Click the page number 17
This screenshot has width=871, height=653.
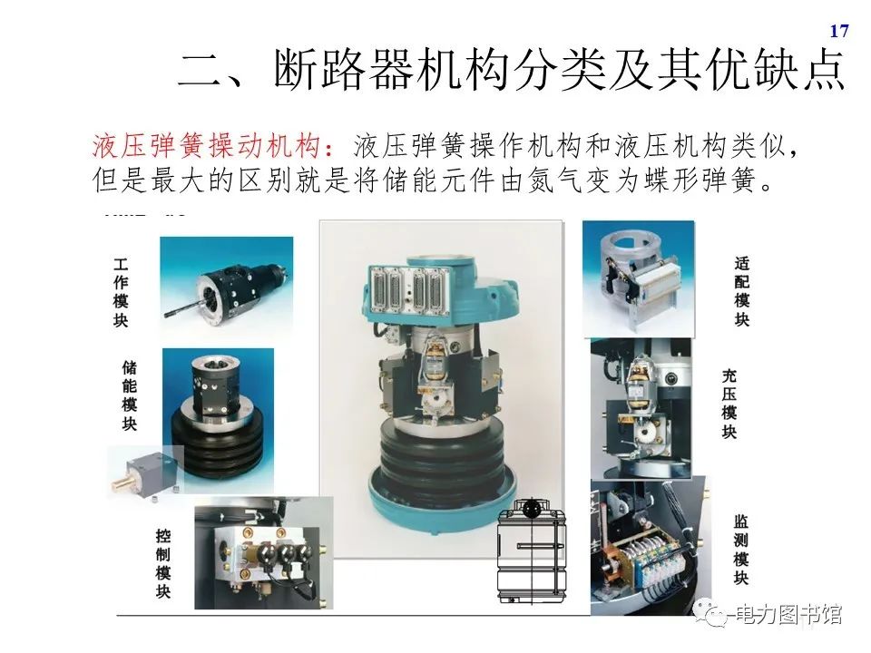839,32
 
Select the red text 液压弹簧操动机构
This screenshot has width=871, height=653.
207,146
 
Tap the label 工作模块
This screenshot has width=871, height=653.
121,292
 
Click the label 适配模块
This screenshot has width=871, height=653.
742,291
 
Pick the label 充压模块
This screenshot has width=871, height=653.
729,404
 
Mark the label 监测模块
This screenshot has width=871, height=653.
741,550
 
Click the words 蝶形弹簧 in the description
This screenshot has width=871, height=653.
693,178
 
